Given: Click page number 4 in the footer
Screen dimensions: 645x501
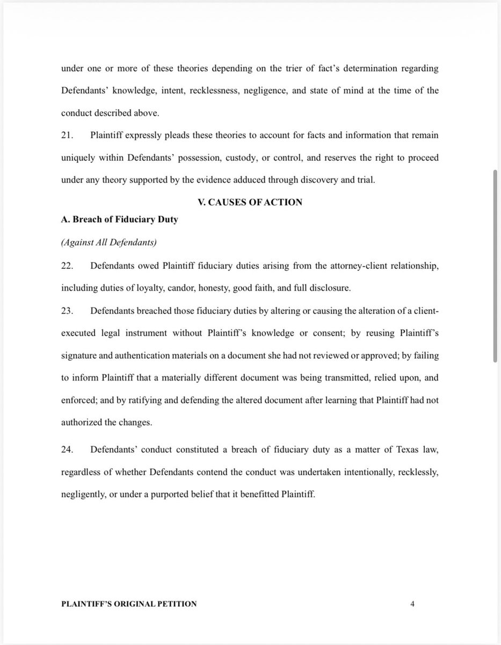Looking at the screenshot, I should (412, 604).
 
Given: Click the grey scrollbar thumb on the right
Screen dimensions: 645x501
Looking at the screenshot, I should (495, 266).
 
